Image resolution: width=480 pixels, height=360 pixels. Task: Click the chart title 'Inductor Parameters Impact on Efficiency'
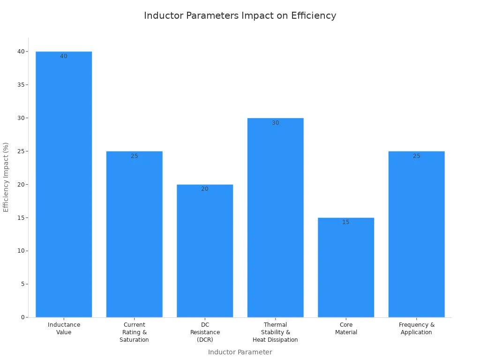pos(240,15)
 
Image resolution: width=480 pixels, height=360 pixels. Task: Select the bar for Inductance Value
pos(64,187)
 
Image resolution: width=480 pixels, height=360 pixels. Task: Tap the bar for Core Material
pos(346,267)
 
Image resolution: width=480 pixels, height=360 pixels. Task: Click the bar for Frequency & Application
pos(416,234)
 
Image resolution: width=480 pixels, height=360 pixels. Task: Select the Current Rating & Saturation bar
pos(134,234)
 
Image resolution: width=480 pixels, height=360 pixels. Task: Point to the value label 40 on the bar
pos(64,56)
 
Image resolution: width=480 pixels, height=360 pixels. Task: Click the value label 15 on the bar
pos(346,222)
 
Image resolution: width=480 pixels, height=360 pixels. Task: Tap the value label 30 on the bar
pos(275,123)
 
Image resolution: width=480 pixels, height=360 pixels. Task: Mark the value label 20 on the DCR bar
pos(205,189)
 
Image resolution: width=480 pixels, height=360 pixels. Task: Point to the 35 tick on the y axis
pos(21,85)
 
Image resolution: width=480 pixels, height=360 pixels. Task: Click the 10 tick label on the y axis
pos(21,251)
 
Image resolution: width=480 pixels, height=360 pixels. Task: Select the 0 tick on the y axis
pos(22,317)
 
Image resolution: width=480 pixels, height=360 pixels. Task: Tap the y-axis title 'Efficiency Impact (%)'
pos(6,177)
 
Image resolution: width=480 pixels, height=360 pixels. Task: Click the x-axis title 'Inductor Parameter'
pos(240,352)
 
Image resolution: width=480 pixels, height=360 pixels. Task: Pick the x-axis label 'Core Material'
pos(346,329)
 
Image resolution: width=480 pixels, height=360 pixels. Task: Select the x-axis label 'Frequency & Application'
pos(416,329)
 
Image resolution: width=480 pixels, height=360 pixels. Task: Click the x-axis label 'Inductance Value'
pos(64,329)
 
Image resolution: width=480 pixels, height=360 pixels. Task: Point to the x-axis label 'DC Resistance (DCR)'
pos(205,332)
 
